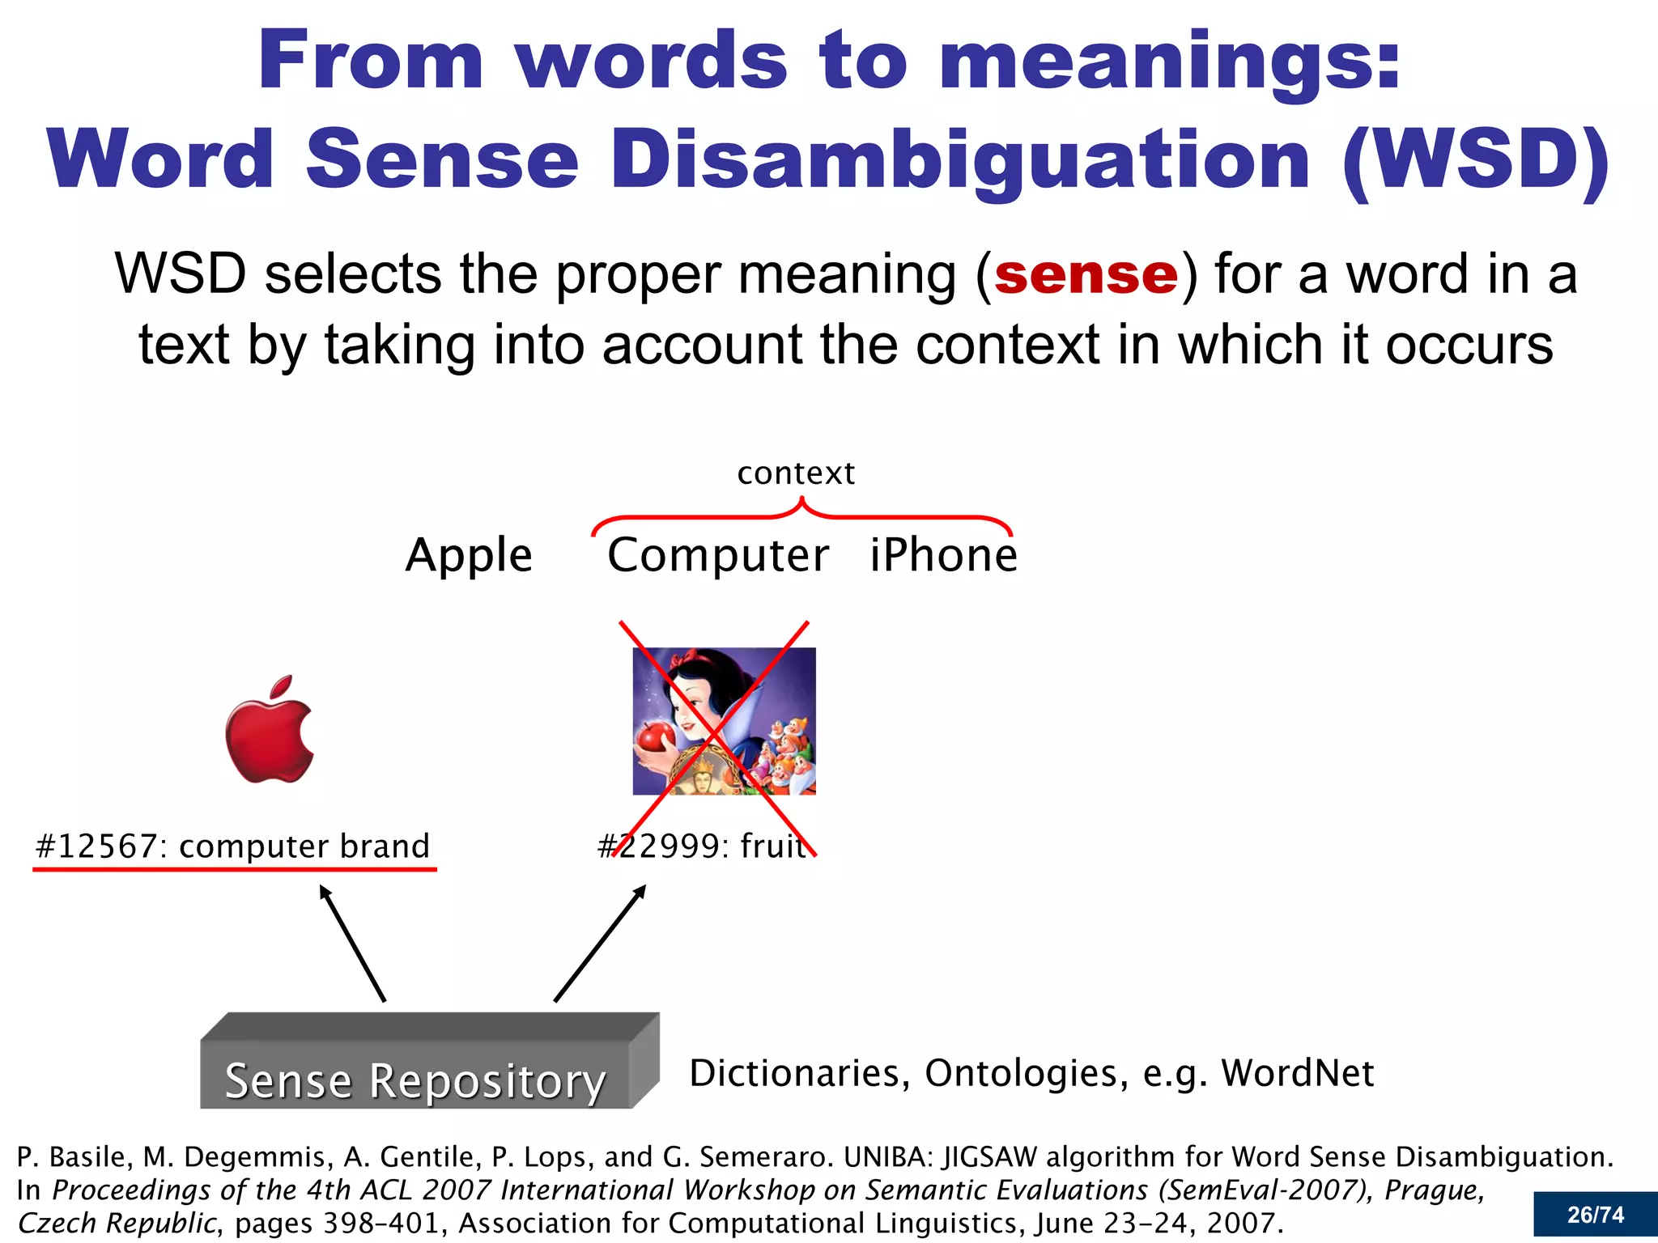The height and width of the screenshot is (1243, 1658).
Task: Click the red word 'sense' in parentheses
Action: pos(1086,275)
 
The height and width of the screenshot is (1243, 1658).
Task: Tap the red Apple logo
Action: pos(269,731)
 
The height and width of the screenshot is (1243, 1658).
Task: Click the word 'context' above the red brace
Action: pos(796,473)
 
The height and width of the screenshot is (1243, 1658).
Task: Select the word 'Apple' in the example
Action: pos(469,556)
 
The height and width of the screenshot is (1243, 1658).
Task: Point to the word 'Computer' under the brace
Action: pos(718,556)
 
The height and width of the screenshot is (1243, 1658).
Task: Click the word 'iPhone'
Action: pos(943,556)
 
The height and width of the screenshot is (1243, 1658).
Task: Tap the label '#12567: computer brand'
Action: pos(233,846)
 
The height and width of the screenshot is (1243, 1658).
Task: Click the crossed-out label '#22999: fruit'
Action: pos(703,846)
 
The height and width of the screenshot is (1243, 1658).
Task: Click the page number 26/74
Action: pos(1595,1215)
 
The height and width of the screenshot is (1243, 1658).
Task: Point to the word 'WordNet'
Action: pos(1298,1074)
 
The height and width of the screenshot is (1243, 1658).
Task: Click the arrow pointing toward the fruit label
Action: pos(600,943)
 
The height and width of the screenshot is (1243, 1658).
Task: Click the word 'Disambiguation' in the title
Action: pos(960,159)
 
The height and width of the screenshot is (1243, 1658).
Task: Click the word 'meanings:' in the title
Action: pos(1170,61)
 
